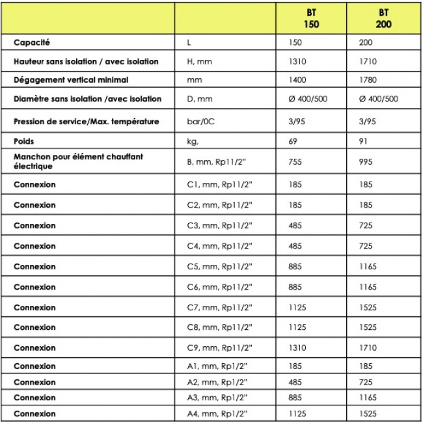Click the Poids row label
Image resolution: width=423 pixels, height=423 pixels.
click(25, 141)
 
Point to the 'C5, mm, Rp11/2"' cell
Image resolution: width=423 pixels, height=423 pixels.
click(214, 266)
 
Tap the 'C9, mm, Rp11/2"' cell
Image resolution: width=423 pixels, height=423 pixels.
click(214, 348)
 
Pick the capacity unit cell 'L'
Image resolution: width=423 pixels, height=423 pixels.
click(188, 42)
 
